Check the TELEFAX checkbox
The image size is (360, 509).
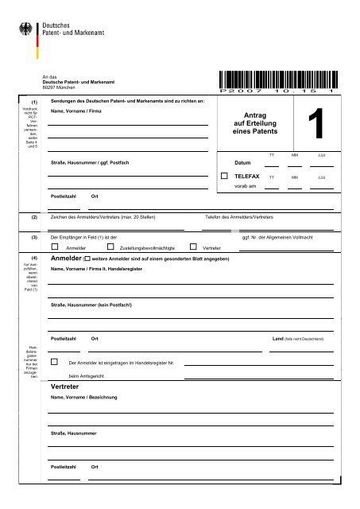coord(224,175)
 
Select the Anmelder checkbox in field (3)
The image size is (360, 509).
coord(54,247)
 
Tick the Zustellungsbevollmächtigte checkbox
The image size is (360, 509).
coord(112,247)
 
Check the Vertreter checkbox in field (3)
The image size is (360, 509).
coord(193,247)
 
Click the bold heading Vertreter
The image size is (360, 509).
coord(68,384)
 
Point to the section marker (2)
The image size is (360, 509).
coord(33,216)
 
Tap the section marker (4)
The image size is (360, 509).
coord(33,258)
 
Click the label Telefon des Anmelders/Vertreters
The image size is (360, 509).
coord(239,216)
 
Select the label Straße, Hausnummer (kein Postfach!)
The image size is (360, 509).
coord(91,305)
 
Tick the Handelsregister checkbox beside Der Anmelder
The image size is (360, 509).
coord(54,362)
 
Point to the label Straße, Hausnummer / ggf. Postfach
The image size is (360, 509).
coord(90,162)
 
